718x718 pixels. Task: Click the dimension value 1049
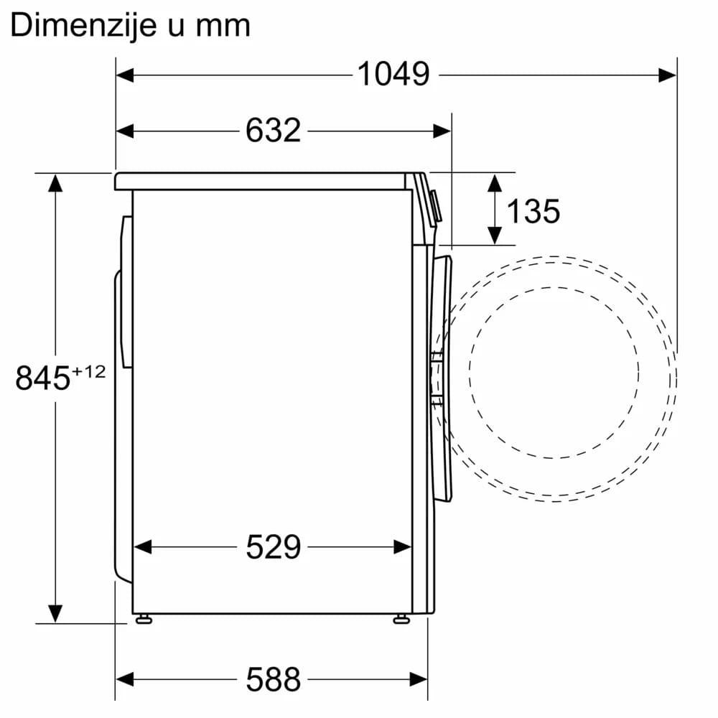click(393, 74)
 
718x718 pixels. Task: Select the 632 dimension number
click(273, 131)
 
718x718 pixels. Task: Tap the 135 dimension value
click(533, 210)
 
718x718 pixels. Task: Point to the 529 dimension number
click(273, 547)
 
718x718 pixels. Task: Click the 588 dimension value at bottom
click(273, 678)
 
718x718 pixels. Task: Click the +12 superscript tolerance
click(89, 371)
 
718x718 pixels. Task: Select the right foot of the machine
click(401, 618)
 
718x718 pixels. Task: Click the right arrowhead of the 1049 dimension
click(667, 74)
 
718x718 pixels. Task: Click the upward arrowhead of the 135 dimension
click(494, 182)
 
